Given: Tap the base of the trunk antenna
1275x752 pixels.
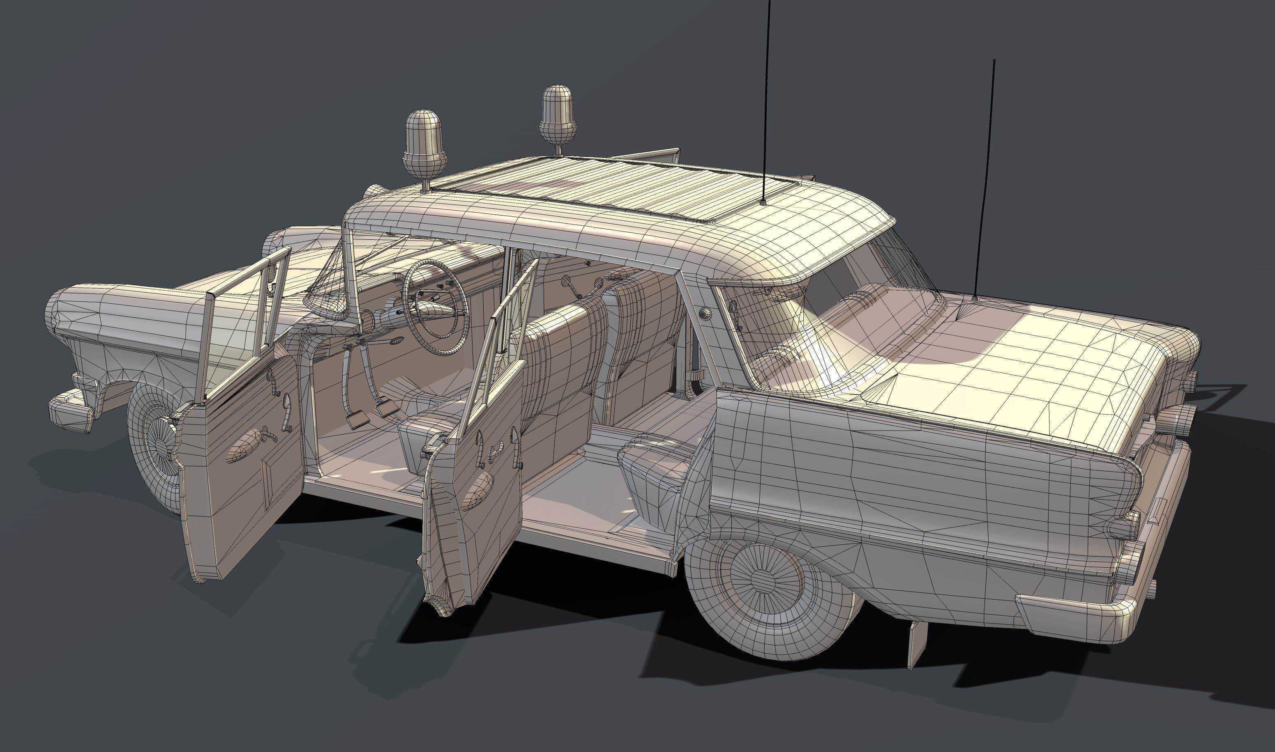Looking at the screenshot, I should [x=974, y=298].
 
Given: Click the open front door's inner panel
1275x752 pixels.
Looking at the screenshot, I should [x=243, y=456].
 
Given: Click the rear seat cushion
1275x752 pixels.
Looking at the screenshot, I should [x=654, y=451].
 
